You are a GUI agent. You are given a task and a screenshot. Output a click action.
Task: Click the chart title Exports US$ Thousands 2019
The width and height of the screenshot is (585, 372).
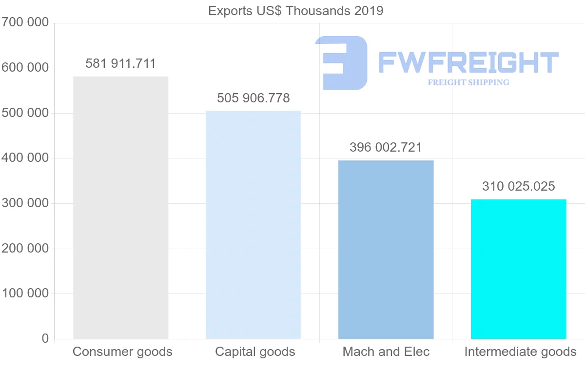[x=295, y=11]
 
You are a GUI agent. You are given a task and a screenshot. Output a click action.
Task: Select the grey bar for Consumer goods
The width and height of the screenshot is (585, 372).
[x=120, y=208]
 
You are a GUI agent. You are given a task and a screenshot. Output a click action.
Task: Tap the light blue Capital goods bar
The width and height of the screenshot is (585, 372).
[x=253, y=225]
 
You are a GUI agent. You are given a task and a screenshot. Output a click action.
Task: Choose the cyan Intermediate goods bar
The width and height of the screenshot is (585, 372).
[x=518, y=269]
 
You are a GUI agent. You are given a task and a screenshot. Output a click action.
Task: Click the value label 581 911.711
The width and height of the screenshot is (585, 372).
[x=120, y=64]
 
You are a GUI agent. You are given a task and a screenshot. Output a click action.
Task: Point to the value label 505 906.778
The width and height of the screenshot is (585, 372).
[x=253, y=98]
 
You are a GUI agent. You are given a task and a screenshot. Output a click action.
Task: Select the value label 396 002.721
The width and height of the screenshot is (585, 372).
[x=386, y=148]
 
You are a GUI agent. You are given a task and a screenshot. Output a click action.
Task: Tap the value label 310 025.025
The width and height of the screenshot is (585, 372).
[x=518, y=187]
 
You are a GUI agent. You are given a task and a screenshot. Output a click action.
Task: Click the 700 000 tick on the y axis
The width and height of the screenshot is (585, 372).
[x=25, y=22]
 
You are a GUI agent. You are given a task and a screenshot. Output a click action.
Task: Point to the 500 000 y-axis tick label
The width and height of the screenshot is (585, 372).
[x=25, y=113]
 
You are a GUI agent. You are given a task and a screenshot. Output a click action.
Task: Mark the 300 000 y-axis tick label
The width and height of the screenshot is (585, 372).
[x=25, y=203]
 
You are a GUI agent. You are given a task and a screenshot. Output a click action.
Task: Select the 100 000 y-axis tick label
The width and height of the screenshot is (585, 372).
[x=25, y=294]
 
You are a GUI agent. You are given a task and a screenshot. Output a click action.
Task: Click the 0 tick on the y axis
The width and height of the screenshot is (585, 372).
[x=45, y=339]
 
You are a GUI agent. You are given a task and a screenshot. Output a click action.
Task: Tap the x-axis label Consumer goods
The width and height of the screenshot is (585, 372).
[x=122, y=352]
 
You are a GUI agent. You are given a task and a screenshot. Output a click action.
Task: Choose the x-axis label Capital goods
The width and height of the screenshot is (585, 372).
[x=255, y=352]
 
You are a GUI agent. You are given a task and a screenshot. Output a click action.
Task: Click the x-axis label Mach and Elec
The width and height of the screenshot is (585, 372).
[x=386, y=352]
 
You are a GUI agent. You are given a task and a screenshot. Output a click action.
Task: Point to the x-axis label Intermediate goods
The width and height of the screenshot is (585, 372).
[x=520, y=352]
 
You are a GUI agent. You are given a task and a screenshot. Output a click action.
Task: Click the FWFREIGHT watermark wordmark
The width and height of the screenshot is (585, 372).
[x=468, y=62]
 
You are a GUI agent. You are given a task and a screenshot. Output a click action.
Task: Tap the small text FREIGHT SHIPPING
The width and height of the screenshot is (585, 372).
[x=468, y=82]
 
